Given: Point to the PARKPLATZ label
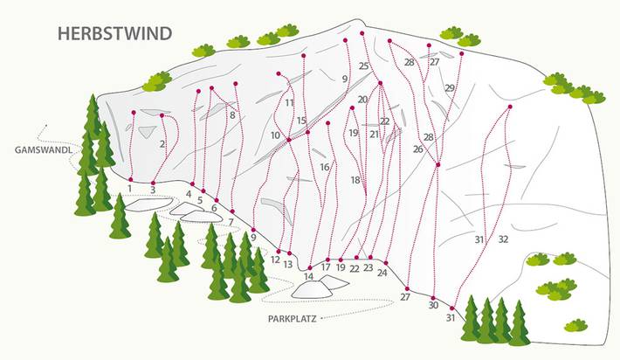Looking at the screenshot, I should (x=292, y=319).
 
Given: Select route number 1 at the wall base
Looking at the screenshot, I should (x=129, y=187).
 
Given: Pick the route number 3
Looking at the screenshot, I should (x=153, y=189).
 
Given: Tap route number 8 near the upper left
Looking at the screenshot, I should (x=232, y=114).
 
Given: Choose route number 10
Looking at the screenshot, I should (x=275, y=136).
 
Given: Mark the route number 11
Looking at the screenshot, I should (x=289, y=103).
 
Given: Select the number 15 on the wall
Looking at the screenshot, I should (x=301, y=121).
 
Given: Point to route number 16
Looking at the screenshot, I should (x=324, y=167).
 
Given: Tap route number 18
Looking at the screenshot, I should (x=356, y=180).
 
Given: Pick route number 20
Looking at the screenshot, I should (x=362, y=100).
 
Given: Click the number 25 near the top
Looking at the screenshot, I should (x=363, y=66).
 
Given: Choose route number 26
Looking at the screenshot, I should (x=417, y=149).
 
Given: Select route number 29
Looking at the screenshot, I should (x=449, y=88).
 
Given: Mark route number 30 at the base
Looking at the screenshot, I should (x=433, y=305).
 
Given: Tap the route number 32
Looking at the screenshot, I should (x=503, y=239).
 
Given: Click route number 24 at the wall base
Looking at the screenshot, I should (x=382, y=273).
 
